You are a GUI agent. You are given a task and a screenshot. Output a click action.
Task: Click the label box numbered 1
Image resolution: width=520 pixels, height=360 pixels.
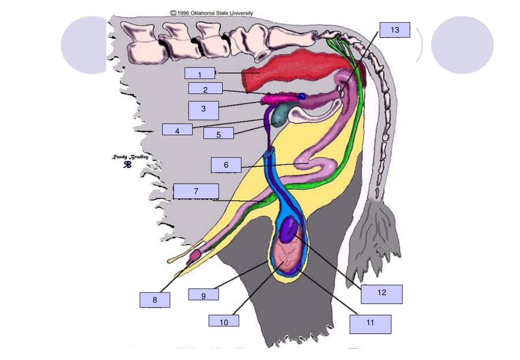click(x=200, y=74)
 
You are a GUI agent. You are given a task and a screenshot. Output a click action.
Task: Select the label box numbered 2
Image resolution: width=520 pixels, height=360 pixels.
click(x=205, y=89)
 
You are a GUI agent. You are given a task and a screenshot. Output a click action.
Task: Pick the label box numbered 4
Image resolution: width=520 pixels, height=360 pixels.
click(x=177, y=130)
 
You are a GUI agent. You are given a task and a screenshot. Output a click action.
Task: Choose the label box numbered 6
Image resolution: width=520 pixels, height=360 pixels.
click(x=226, y=165)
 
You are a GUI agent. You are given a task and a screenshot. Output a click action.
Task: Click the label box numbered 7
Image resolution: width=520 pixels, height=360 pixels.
click(x=196, y=191)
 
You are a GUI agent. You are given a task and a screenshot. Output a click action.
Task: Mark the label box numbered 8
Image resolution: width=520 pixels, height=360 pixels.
click(x=155, y=299)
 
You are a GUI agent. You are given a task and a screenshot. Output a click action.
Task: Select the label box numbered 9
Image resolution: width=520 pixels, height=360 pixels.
click(x=203, y=295)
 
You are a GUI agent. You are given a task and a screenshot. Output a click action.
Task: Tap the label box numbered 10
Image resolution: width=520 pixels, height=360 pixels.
click(x=224, y=321)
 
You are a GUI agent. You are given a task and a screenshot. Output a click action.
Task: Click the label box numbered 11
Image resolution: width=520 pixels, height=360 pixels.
click(x=370, y=324)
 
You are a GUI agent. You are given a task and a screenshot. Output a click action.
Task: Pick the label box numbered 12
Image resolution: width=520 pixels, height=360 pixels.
click(x=382, y=294)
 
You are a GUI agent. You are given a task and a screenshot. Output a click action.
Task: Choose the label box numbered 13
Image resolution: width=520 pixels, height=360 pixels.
click(x=395, y=31)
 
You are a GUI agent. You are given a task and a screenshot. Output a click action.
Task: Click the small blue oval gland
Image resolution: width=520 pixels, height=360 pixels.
click(x=302, y=96)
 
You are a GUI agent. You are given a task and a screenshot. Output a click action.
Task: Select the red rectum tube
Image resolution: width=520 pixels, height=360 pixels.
click(x=290, y=71)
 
